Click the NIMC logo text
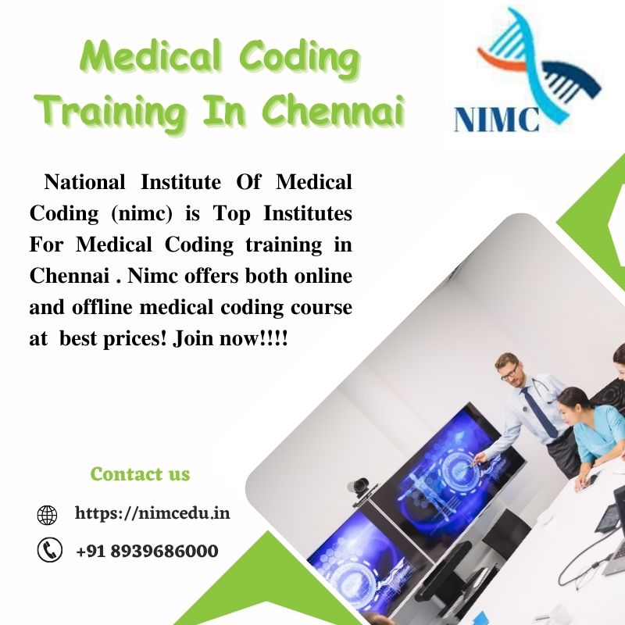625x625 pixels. click(x=496, y=120)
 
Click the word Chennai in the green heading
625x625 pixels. click(x=334, y=111)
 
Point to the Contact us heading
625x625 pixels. click(x=140, y=473)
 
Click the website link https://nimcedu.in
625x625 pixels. click(x=152, y=513)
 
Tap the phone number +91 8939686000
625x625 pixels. click(x=147, y=551)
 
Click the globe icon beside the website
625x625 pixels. click(x=48, y=515)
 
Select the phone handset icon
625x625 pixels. click(x=49, y=551)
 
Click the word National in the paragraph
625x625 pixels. click(x=84, y=182)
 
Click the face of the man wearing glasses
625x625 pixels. click(x=509, y=370)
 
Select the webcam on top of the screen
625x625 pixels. click(x=360, y=485)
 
